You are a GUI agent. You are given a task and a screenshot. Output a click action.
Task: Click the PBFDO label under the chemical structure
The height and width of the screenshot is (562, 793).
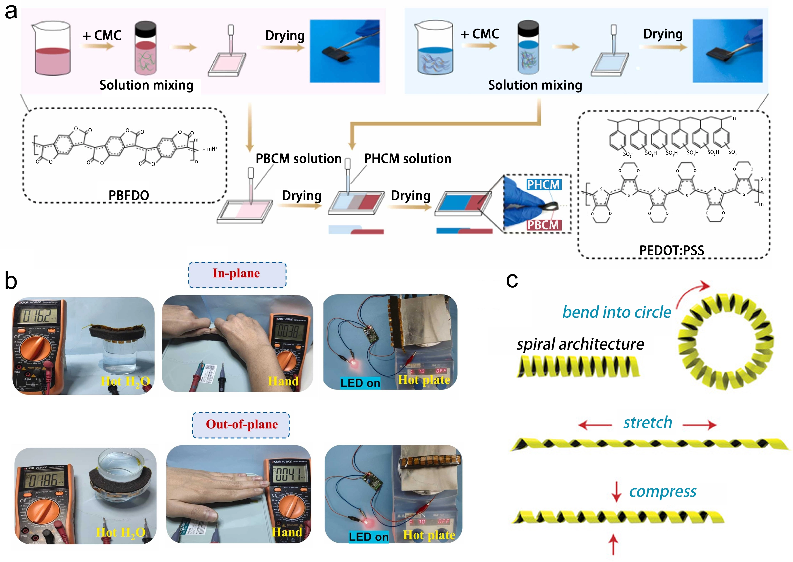[129, 196]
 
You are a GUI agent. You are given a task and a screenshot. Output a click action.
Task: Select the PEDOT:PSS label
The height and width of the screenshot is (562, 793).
[671, 250]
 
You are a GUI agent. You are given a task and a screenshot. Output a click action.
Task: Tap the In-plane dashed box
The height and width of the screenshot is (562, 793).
[237, 275]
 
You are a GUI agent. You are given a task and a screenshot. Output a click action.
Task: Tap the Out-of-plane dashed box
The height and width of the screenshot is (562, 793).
[241, 425]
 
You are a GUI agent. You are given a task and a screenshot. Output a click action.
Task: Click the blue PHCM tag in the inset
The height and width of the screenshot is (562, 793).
[543, 185]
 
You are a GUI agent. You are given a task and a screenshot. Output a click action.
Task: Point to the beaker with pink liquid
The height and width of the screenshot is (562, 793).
[52, 48]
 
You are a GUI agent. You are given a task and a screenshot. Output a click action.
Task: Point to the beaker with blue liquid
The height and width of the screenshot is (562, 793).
[434, 48]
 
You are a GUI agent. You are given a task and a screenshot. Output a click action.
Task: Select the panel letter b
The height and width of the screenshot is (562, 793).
[11, 281]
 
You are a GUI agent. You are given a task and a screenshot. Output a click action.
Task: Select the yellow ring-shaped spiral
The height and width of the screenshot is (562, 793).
[726, 341]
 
